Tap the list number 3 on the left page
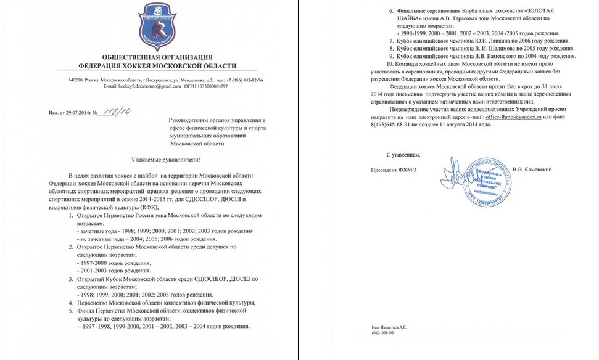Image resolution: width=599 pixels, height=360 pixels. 70,279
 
